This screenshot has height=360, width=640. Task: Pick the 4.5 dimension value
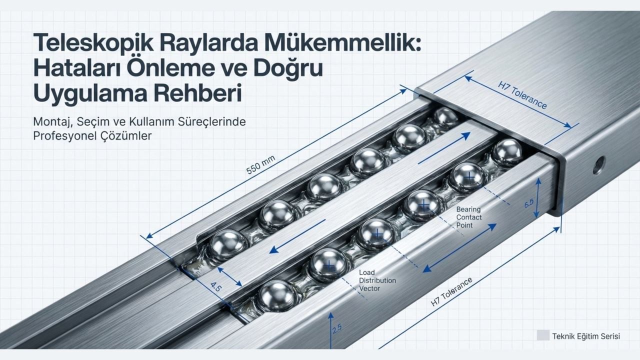pyautogui.click(x=215, y=287)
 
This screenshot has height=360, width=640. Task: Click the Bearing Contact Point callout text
pyautogui.click(x=469, y=217)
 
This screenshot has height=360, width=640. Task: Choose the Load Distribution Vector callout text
pyautogui.click(x=377, y=280)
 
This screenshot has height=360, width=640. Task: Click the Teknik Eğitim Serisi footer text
pyautogui.click(x=585, y=336)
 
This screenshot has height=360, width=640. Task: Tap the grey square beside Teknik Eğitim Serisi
pyautogui.click(x=543, y=335)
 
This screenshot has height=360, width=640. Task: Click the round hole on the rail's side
pyautogui.click(x=598, y=165)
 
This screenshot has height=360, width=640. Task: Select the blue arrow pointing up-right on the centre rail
pyautogui.click(x=443, y=148)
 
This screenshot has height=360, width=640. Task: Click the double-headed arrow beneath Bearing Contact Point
pyautogui.click(x=460, y=248)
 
